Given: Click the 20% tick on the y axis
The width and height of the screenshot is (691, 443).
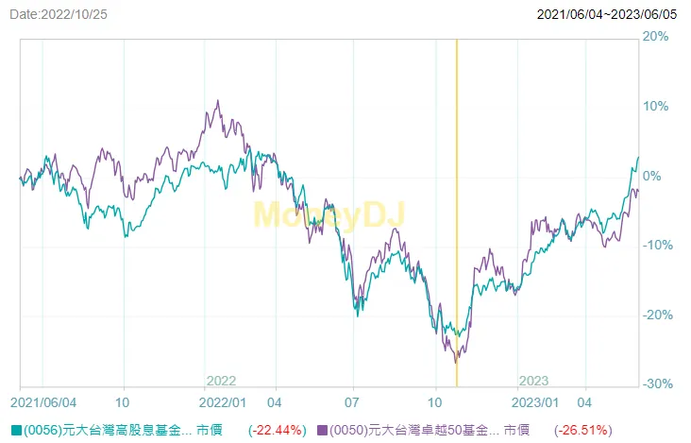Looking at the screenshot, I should click(655, 37).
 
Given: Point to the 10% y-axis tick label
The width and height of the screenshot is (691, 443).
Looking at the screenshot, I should click(655, 106).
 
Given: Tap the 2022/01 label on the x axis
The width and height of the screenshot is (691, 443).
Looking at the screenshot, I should click(225, 400).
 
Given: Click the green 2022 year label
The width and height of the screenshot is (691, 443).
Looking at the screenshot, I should click(221, 381).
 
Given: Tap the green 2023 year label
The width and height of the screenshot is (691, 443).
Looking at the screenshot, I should click(533, 381).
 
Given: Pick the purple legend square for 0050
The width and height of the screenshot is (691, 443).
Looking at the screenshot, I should click(323, 430).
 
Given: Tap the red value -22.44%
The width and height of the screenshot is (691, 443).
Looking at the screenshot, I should click(277, 430).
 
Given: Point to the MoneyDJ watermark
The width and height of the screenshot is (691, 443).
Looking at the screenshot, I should click(329, 215).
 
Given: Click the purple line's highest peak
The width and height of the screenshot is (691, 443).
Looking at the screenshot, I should click(218, 101).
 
